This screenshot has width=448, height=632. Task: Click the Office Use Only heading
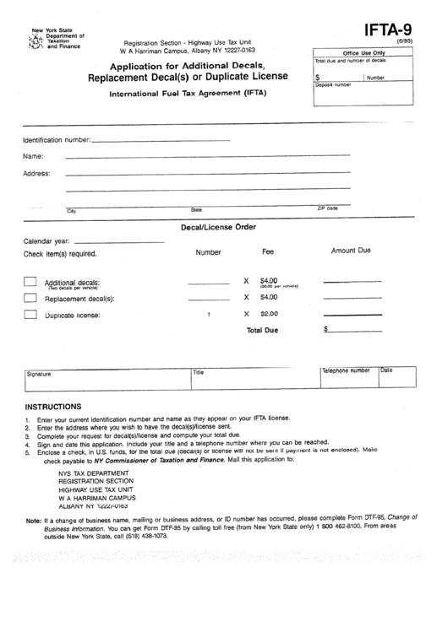[361, 53]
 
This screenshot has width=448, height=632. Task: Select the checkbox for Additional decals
[30, 281]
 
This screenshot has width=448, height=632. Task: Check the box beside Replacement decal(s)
[30, 297]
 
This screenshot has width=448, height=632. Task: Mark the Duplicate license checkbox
[30, 314]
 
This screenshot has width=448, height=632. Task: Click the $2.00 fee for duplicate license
[269, 314]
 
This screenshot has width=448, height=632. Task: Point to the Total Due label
[262, 331]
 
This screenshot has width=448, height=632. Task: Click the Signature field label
[39, 373]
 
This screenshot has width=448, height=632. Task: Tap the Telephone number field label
[346, 370]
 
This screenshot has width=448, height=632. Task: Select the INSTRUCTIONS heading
[53, 406]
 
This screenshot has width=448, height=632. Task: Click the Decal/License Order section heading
[219, 226]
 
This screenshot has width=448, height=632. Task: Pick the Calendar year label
[46, 240]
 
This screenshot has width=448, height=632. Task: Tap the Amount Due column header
[351, 251]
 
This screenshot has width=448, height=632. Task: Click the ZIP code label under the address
[327, 208]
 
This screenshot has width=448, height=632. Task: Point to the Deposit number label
[333, 85]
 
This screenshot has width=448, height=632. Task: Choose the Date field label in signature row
[386, 370]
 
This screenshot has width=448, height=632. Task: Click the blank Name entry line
[207, 156]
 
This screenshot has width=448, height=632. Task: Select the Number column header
[208, 252]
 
